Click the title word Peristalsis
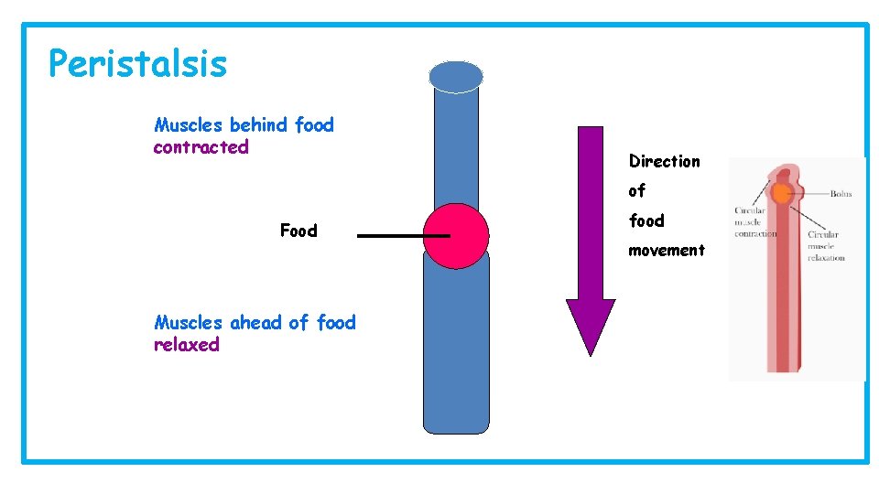[x=137, y=64]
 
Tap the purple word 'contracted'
[x=201, y=147]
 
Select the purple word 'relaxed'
[x=187, y=345]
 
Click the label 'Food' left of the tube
[x=298, y=231]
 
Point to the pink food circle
[x=456, y=236]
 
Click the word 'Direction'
[x=664, y=161]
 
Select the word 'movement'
[x=666, y=250]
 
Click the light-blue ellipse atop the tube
[x=456, y=77]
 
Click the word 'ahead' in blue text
[x=256, y=322]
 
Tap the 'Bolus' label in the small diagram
[x=841, y=194]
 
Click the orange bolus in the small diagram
[x=781, y=193]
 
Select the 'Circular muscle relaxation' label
[x=826, y=246]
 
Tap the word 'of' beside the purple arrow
[x=636, y=190]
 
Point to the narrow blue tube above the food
[x=456, y=146]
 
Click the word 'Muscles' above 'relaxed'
[x=189, y=322]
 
